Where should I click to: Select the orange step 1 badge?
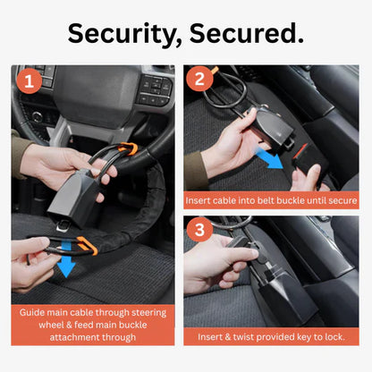[29, 82]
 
